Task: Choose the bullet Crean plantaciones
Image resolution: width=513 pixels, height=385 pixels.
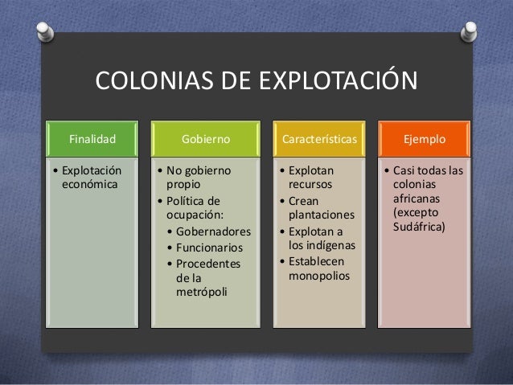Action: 314,208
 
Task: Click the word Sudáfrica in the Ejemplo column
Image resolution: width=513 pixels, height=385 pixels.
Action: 423,227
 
